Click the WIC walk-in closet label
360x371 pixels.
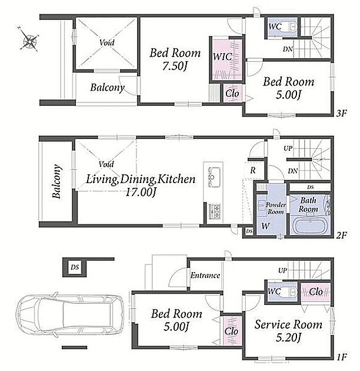pyautogui.click(x=222, y=57)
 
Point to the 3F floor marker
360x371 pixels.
pyautogui.click(x=342, y=114)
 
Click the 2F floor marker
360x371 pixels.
pyautogui.click(x=342, y=236)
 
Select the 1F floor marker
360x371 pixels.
pyautogui.click(x=342, y=357)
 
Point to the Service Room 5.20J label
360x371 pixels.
pyautogui.click(x=288, y=331)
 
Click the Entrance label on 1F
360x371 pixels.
pyautogui.click(x=205, y=276)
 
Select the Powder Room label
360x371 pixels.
pyautogui.click(x=275, y=208)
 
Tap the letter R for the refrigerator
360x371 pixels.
pyautogui.click(x=253, y=170)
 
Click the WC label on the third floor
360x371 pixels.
pyautogui.click(x=275, y=26)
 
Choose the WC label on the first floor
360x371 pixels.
pyautogui.click(x=274, y=291)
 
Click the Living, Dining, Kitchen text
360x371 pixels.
pyautogui.click(x=141, y=179)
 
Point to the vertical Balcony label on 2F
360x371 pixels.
pyautogui.click(x=56, y=181)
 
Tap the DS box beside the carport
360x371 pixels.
pyautogui.click(x=75, y=267)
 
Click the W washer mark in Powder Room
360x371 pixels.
pyautogui.click(x=265, y=226)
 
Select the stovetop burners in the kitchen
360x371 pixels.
pyautogui.click(x=215, y=211)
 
